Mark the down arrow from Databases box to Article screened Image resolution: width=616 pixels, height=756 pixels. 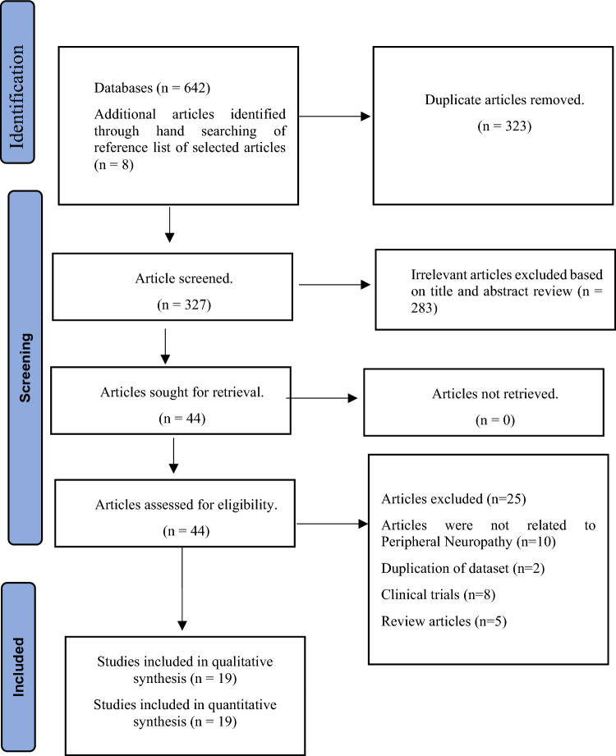169,224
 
